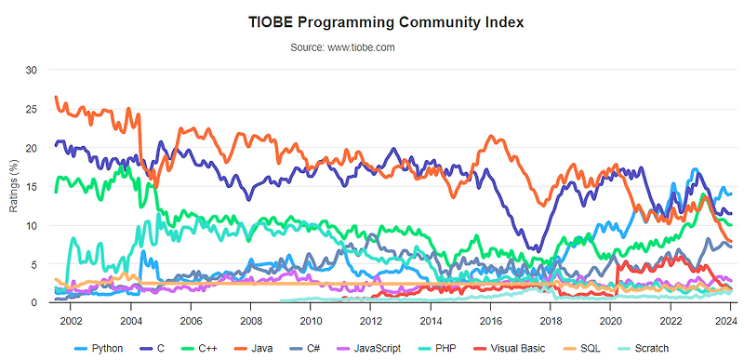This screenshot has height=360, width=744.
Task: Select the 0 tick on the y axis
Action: (34, 303)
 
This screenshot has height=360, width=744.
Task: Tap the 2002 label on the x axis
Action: (71, 320)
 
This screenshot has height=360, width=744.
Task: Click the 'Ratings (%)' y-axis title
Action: (14, 186)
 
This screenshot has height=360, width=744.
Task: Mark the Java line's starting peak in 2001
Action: (57, 97)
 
